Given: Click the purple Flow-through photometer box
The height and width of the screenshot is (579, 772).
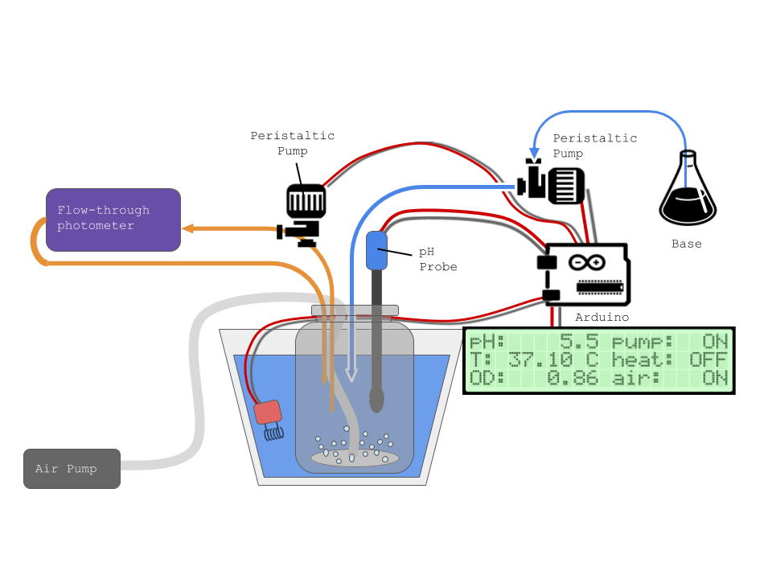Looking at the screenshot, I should click(x=113, y=220).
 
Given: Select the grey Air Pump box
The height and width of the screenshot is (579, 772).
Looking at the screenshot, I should click(x=72, y=468).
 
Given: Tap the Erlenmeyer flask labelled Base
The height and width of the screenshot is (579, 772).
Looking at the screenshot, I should click(x=688, y=193).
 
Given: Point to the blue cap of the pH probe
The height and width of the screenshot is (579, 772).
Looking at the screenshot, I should click(x=376, y=250).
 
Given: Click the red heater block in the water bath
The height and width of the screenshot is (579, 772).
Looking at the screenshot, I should click(x=267, y=413).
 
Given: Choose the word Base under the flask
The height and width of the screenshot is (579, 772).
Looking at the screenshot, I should click(x=687, y=244).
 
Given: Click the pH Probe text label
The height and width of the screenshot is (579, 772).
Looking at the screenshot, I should click(x=437, y=259).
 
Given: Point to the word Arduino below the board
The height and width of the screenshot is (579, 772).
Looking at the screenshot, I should click(x=602, y=318).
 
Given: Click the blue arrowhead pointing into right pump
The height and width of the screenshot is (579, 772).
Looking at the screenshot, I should click(x=533, y=153).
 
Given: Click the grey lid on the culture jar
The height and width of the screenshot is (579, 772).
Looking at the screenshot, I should click(x=355, y=310).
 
